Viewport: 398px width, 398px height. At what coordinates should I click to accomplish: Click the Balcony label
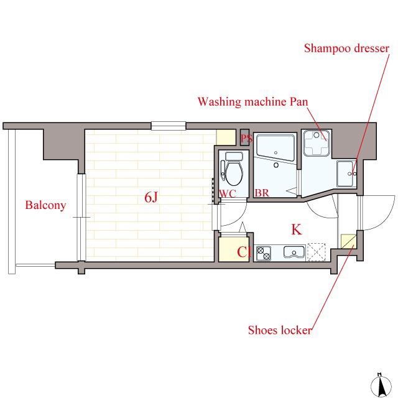(x=45, y=205)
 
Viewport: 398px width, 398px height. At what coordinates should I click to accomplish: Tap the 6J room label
(x=151, y=197)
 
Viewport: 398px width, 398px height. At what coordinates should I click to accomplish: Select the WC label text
(x=228, y=193)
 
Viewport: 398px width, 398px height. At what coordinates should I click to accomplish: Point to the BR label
(x=262, y=193)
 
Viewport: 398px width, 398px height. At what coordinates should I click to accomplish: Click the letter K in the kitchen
(x=297, y=229)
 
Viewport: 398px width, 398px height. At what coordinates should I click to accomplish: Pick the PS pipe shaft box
(x=245, y=137)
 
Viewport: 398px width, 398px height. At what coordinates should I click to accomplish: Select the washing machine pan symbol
(x=317, y=143)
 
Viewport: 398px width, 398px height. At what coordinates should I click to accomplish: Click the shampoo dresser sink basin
(x=346, y=174)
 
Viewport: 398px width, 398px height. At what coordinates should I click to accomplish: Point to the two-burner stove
(x=263, y=254)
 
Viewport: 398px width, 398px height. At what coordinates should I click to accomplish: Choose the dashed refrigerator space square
(x=317, y=252)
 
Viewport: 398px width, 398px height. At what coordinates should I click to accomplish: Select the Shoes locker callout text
(x=280, y=330)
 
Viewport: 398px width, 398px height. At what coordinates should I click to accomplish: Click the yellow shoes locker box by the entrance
(x=347, y=241)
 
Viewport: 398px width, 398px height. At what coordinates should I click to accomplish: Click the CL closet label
(x=244, y=252)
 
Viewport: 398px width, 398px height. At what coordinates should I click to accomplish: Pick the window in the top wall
(x=169, y=126)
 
